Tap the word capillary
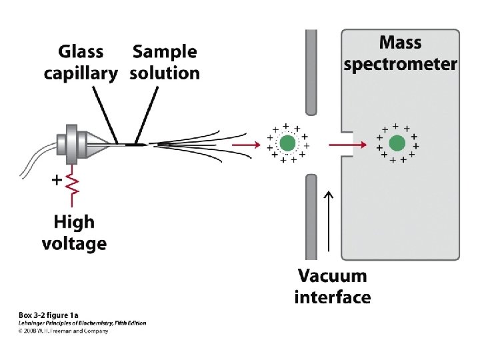coord(81,73)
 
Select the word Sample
coord(165,52)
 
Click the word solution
coord(165,73)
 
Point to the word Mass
coord(400,43)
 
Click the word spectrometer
coord(400,64)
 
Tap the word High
coord(74,222)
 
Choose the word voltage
coord(74,243)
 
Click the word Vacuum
coord(332,275)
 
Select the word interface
coord(332,297)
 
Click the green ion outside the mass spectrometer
coord(287,143)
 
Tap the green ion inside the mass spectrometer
coord(397,143)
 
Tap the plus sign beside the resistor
coord(57,179)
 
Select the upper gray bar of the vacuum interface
coord(311,72)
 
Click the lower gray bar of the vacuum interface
coord(311,217)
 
